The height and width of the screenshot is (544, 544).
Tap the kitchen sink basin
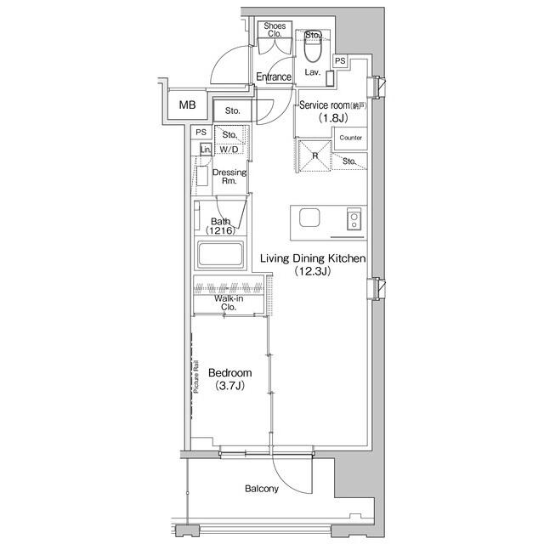[x=308, y=218]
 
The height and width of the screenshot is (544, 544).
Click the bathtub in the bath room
[x=221, y=254]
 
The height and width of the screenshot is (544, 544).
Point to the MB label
[x=186, y=107]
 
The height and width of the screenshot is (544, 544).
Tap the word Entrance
[x=273, y=77]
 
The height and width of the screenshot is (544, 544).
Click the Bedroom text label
[x=229, y=373]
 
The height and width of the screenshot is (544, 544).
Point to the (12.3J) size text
[x=312, y=271]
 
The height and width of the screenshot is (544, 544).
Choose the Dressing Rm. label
[x=229, y=176]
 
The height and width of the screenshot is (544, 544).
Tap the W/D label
[x=229, y=150]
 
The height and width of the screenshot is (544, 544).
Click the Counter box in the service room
[x=350, y=138]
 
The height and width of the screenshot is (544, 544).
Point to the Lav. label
[x=312, y=73]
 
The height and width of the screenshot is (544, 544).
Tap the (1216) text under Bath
[x=219, y=230]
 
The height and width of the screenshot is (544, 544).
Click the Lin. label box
[x=205, y=150]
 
